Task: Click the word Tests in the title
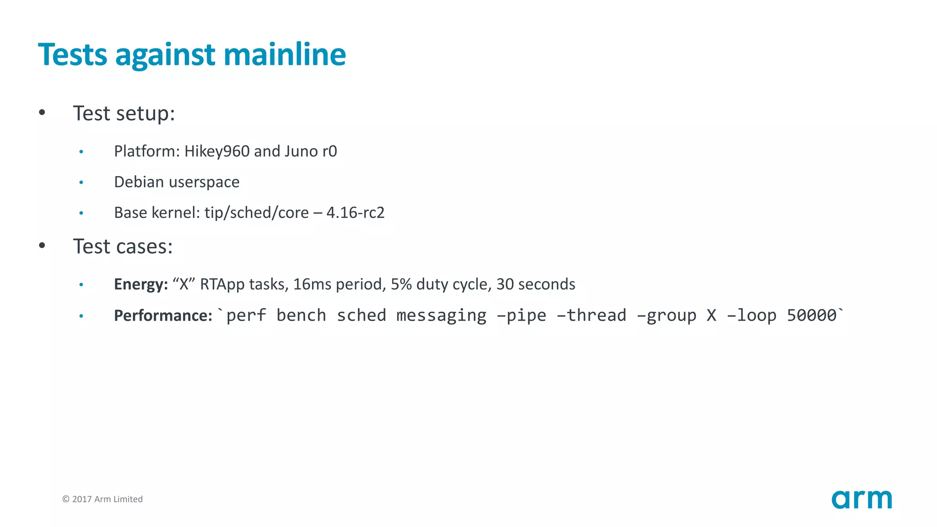pyautogui.click(x=72, y=55)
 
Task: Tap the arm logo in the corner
pyautogui.click(x=862, y=499)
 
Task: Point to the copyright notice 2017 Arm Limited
pyautogui.click(x=102, y=499)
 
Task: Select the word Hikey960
pyautogui.click(x=217, y=151)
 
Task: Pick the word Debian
pyautogui.click(x=139, y=182)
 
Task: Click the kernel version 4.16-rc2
pyautogui.click(x=355, y=213)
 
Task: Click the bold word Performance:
pyautogui.click(x=163, y=316)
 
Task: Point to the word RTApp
pyautogui.click(x=222, y=285)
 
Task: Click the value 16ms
pyautogui.click(x=312, y=285)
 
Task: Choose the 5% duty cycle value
pyautogui.click(x=401, y=285)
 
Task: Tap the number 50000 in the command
pyautogui.click(x=812, y=316)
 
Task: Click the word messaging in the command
pyautogui.click(x=441, y=316)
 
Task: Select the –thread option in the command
pyautogui.click(x=592, y=316)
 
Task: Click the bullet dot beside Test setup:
pyautogui.click(x=42, y=113)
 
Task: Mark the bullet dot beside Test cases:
pyautogui.click(x=42, y=246)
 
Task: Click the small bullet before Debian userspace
pyautogui.click(x=81, y=183)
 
